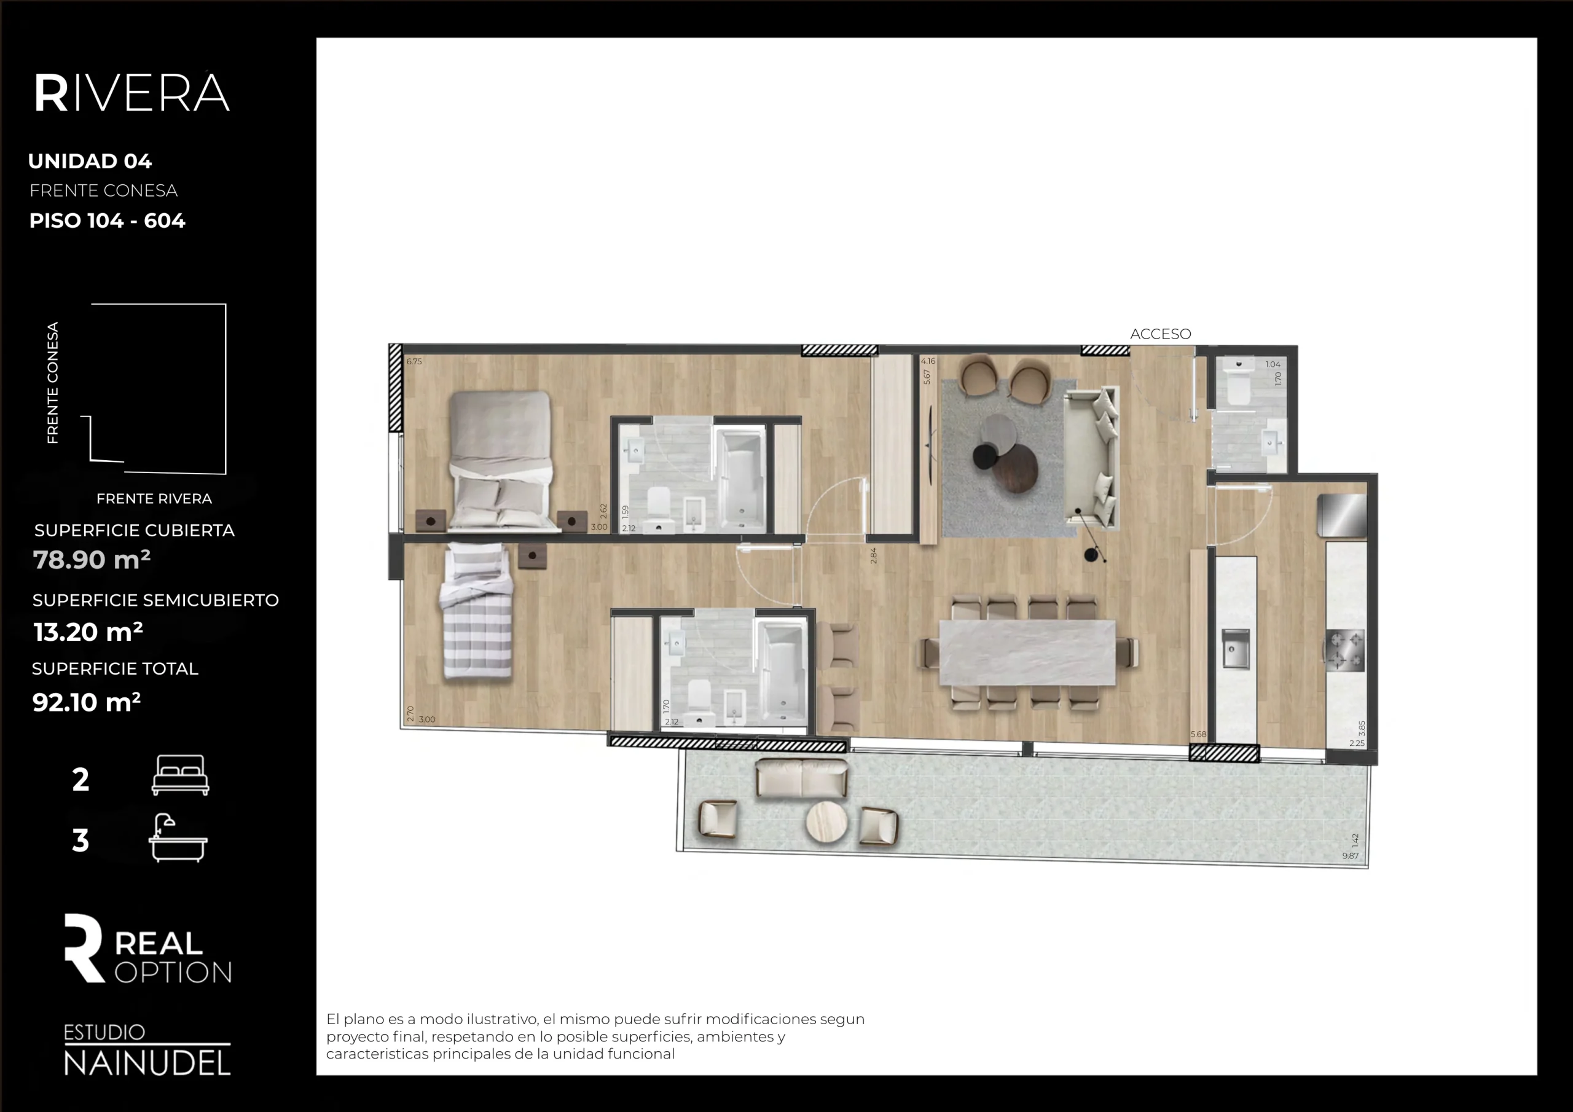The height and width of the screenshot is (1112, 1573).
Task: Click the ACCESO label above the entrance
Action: point(1160,334)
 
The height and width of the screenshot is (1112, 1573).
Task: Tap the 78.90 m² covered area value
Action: point(91,560)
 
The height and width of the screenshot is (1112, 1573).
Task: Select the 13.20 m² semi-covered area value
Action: point(88,632)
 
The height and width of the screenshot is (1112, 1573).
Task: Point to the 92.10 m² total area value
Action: point(86,702)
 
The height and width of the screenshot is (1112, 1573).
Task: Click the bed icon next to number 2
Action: point(180,775)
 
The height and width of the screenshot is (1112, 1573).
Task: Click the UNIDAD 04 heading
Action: point(90,161)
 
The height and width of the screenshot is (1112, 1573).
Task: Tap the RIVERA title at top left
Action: point(131,93)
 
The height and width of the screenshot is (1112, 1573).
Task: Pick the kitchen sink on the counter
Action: point(1235,649)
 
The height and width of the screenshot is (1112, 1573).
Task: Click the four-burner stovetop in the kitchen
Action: point(1345,650)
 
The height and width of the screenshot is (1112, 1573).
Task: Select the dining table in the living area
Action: point(1027,652)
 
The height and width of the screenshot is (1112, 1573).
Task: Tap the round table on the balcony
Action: point(826,821)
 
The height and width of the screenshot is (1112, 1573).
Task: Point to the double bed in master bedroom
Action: point(501,459)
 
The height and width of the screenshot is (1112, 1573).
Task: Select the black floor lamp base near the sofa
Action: point(1091,555)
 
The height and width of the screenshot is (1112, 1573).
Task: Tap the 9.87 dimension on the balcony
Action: point(1350,856)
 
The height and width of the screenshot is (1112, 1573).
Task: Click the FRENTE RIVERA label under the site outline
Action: point(154,499)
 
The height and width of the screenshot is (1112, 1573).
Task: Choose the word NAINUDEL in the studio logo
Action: point(147,1063)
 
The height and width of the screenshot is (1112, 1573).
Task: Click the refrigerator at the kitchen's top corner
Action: point(1342,515)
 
